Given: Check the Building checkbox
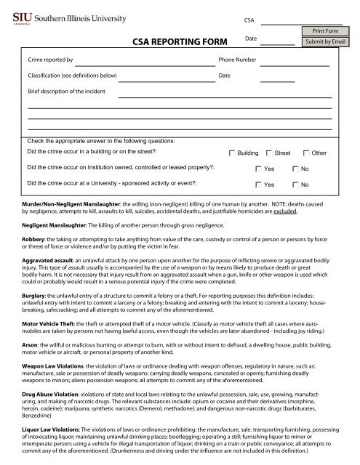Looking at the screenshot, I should pos(232,154).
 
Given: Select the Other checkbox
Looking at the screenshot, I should pos(305,154).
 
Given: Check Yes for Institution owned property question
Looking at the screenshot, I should pos(260,169).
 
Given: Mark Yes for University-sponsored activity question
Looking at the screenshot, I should pos(260,185).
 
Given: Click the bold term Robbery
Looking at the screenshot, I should pos(35,248).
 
